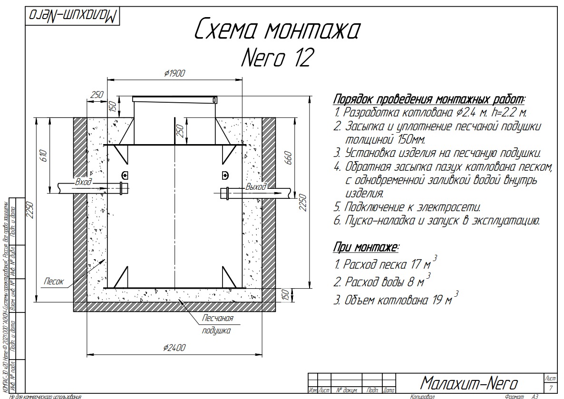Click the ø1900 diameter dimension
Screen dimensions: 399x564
tap(174, 73)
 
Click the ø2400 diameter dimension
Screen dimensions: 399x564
tap(174, 348)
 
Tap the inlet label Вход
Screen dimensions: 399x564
tap(83, 182)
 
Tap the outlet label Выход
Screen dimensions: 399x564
tap(256, 186)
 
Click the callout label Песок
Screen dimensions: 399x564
tap(54, 281)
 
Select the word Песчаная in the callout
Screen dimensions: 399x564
tap(218, 318)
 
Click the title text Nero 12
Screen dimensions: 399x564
tap(277, 58)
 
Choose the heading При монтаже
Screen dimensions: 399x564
tap(366, 247)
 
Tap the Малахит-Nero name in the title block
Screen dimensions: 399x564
tap(469, 383)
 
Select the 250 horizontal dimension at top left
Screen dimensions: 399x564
tap(97, 95)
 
